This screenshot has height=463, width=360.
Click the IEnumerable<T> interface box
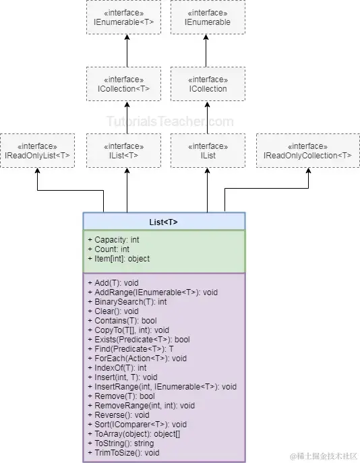124,17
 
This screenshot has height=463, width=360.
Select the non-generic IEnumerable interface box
208,17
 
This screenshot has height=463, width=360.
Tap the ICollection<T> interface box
124,84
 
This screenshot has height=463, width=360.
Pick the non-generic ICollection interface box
208,84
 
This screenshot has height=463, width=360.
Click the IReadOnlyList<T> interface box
37,150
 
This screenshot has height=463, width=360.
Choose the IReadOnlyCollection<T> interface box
307,150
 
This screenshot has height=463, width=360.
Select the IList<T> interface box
124,150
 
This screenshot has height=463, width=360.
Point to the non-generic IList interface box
208,150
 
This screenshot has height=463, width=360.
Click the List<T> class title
164,222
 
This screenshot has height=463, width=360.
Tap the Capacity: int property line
114,240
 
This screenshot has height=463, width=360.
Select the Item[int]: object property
119,259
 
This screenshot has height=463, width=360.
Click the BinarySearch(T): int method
127,302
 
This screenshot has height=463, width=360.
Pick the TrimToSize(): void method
124,453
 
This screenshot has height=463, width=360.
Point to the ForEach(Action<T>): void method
138,359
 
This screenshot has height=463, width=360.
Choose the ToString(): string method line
121,443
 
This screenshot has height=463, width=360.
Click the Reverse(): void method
119,415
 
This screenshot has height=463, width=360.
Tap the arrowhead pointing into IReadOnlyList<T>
38,171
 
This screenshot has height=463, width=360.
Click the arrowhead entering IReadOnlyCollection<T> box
308,171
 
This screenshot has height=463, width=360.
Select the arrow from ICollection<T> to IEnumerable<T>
127,51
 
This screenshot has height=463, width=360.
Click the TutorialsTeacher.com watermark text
170,121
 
